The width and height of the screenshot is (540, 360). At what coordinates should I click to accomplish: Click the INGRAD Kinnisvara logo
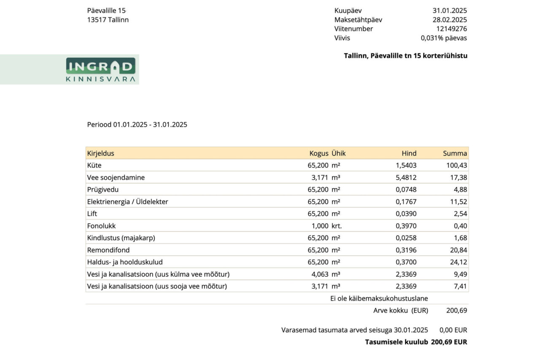[x=100, y=70]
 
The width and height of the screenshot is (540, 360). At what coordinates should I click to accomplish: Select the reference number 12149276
[x=451, y=29]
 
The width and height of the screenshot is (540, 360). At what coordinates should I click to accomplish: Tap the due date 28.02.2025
[x=450, y=20]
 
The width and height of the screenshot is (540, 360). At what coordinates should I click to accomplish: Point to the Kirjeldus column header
[x=100, y=153]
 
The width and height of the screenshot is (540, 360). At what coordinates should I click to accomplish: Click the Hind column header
[x=409, y=153]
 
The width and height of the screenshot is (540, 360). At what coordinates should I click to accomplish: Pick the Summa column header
[x=455, y=153]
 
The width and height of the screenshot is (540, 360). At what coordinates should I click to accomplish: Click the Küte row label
[x=94, y=165]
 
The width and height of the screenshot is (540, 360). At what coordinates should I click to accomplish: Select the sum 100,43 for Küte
[x=456, y=165]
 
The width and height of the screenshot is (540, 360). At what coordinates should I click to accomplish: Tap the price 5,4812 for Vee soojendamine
[x=406, y=178]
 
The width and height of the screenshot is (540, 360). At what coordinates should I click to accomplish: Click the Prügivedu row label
[x=103, y=189]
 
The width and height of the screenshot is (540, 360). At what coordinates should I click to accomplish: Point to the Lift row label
[x=92, y=214]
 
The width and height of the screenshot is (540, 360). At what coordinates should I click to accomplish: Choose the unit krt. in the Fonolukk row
[x=337, y=226]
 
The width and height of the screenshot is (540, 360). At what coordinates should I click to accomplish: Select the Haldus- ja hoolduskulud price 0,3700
[x=406, y=262]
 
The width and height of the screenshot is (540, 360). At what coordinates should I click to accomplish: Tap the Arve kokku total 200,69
[x=456, y=311]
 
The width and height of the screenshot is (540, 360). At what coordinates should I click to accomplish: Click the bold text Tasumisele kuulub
[x=397, y=342]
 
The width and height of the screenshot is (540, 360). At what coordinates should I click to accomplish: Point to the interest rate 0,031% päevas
[x=444, y=38]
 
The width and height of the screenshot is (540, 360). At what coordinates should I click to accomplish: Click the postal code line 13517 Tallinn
[x=108, y=20]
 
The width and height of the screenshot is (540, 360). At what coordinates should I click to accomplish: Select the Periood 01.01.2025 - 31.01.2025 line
[x=137, y=125]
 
